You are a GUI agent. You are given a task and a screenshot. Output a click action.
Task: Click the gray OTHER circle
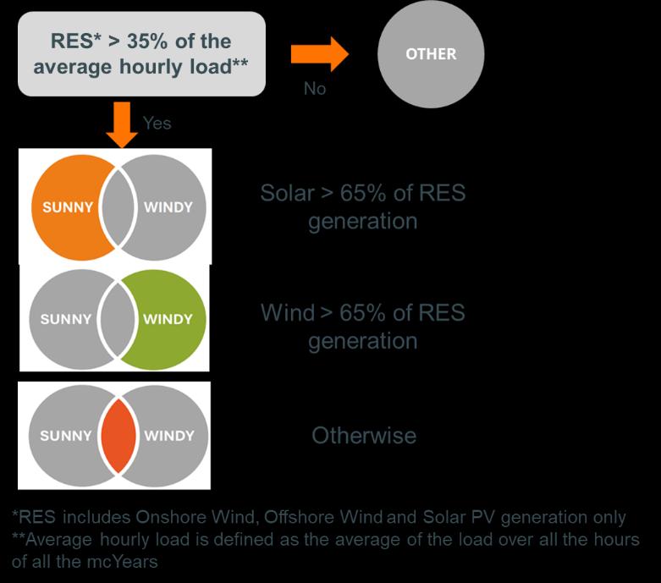tap(431, 54)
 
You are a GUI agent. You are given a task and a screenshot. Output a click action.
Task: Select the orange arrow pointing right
tap(319, 54)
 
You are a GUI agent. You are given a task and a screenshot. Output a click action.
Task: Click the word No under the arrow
tap(315, 88)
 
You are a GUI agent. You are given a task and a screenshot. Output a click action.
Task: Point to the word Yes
tap(157, 124)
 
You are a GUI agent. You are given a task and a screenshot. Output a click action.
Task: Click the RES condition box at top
tap(142, 53)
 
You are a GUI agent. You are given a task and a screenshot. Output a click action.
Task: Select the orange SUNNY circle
tap(63, 207)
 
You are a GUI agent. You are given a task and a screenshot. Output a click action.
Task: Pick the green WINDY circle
tap(169, 319)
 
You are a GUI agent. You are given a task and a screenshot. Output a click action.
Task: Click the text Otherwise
tap(364, 436)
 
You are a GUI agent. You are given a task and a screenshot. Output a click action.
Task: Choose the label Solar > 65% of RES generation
tap(363, 206)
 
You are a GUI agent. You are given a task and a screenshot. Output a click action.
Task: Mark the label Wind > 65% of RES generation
tap(363, 327)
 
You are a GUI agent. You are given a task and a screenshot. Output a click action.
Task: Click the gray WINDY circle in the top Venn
tap(169, 207)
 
